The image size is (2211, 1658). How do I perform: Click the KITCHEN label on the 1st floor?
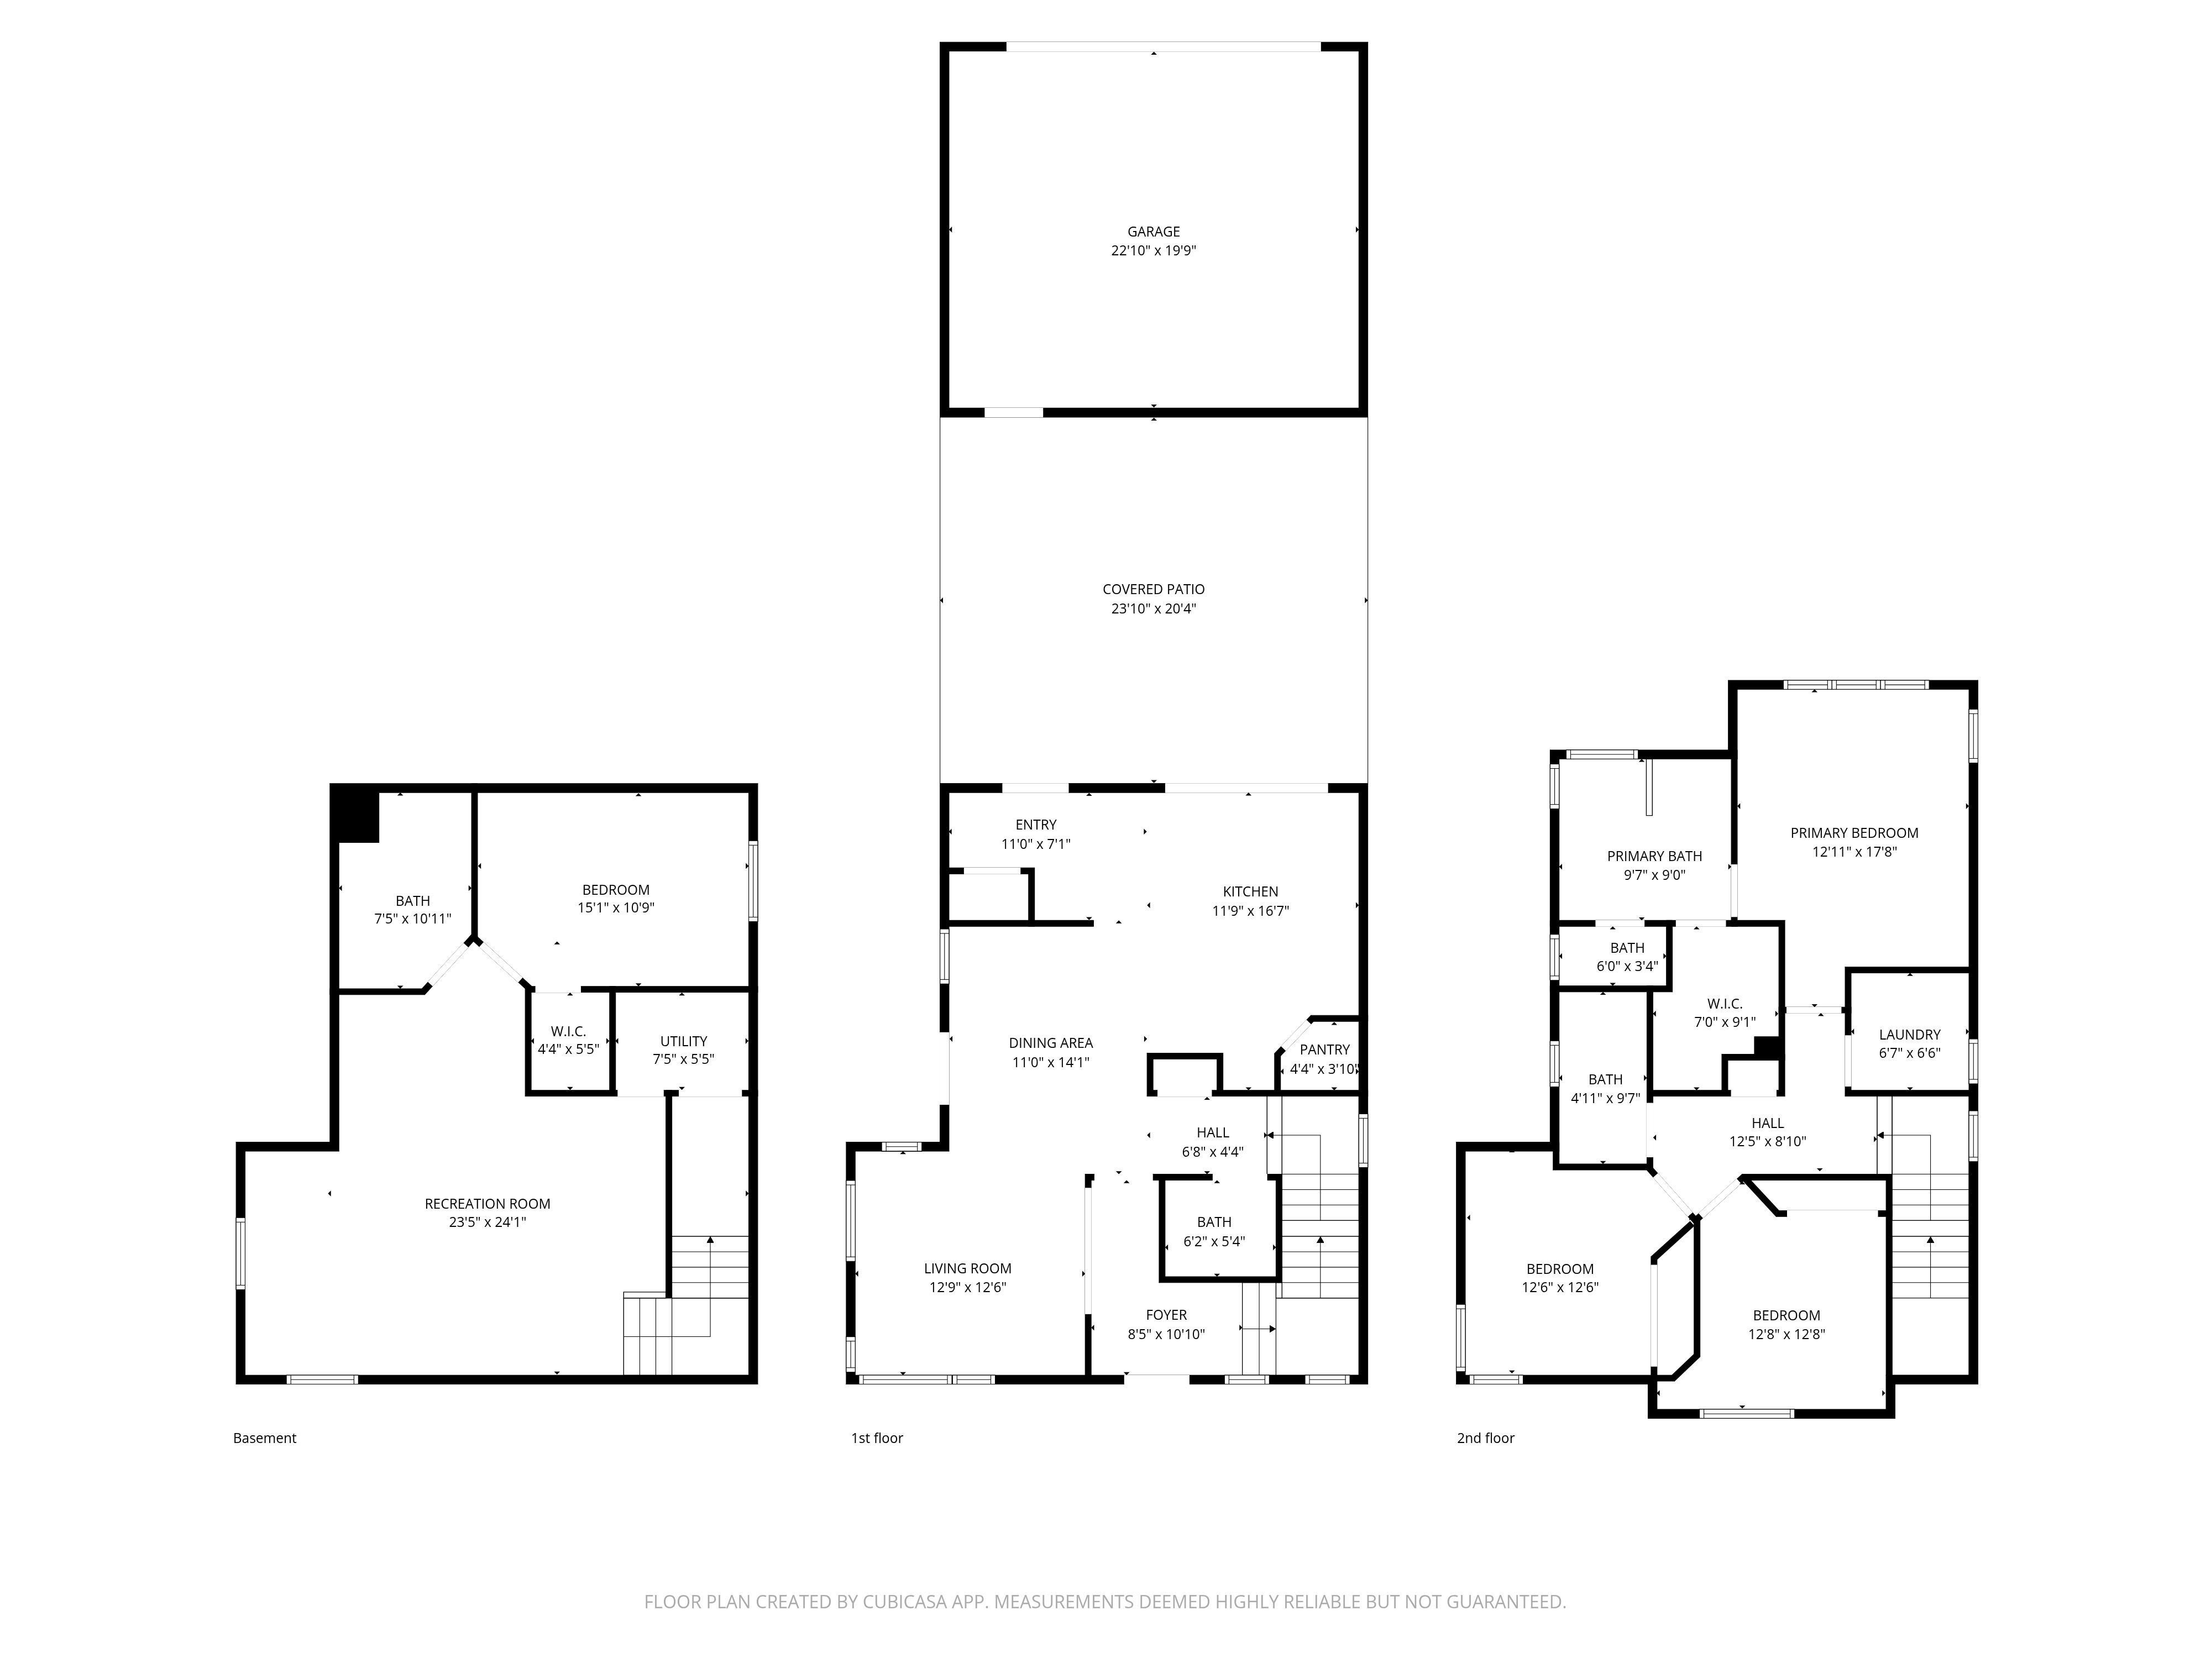click(x=1250, y=891)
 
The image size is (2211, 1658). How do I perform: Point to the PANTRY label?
click(x=1324, y=1050)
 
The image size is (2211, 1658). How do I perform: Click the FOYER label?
click(x=1166, y=1315)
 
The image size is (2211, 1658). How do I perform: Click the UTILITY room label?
click(x=684, y=1041)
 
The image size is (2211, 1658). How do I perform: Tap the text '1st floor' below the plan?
click(x=877, y=1438)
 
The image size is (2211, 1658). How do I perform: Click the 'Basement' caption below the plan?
click(x=265, y=1438)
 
